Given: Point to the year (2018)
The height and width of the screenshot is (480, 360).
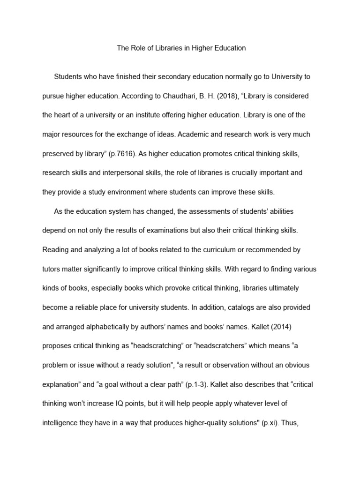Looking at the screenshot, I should (238, 96).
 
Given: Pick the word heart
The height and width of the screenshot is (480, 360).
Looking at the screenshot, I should (64, 115).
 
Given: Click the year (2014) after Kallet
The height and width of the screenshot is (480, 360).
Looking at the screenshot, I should (300, 326).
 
